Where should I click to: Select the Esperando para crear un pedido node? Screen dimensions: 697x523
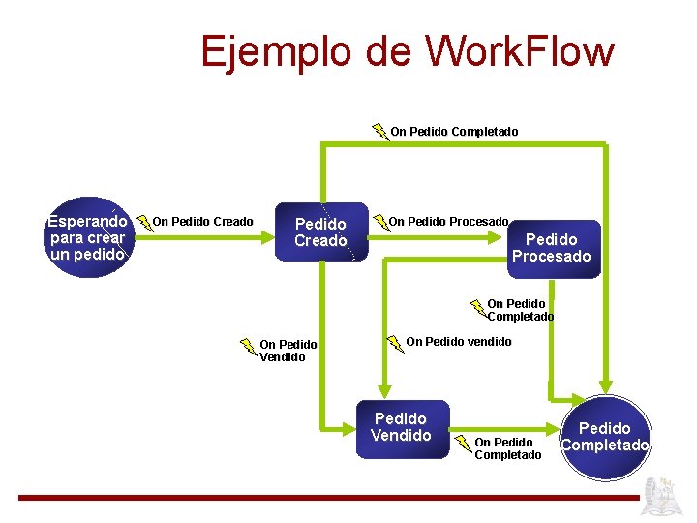87,237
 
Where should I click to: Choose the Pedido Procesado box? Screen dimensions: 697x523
551,248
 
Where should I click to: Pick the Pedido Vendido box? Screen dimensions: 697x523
401,427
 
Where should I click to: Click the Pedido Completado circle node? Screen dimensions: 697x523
605,436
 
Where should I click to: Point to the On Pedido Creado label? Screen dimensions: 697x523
203,222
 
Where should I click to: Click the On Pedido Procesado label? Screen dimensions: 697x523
448,222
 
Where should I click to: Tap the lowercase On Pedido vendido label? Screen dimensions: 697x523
459,341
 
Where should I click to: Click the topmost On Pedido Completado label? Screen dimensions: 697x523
454,131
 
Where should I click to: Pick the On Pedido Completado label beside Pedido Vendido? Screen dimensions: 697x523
507,448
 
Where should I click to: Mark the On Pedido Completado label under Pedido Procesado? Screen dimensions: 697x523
520,310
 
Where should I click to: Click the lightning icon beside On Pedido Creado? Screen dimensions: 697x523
145,224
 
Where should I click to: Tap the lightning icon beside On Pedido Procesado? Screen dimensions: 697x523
380,224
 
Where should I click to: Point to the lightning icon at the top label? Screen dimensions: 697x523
380,131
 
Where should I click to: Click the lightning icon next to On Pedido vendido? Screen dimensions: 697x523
395,343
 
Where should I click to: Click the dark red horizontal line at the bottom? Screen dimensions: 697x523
329,497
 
